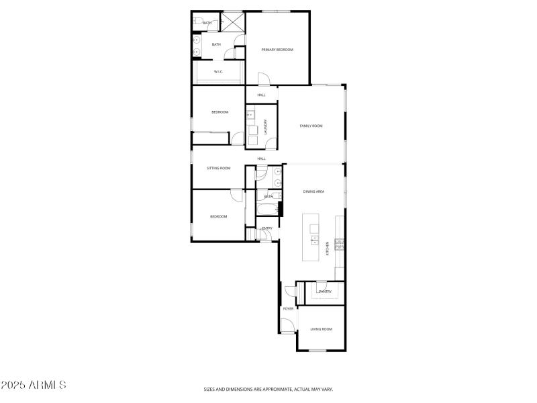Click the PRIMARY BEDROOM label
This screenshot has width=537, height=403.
(277, 50)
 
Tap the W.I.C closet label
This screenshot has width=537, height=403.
(218, 71)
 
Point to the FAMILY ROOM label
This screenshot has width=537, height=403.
(311, 126)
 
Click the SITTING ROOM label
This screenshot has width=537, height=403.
(218, 168)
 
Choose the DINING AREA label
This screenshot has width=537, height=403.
(314, 192)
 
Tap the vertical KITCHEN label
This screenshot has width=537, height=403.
(328, 247)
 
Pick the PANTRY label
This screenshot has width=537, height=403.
(325, 292)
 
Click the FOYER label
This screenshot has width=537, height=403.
(288, 308)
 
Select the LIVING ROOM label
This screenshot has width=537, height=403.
(321, 329)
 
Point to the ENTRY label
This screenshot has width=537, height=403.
(267, 228)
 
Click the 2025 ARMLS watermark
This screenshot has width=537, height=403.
(34, 386)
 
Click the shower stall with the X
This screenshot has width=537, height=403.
(232, 22)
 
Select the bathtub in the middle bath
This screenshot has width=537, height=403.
(266, 210)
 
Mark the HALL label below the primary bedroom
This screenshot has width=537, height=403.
(261, 95)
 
